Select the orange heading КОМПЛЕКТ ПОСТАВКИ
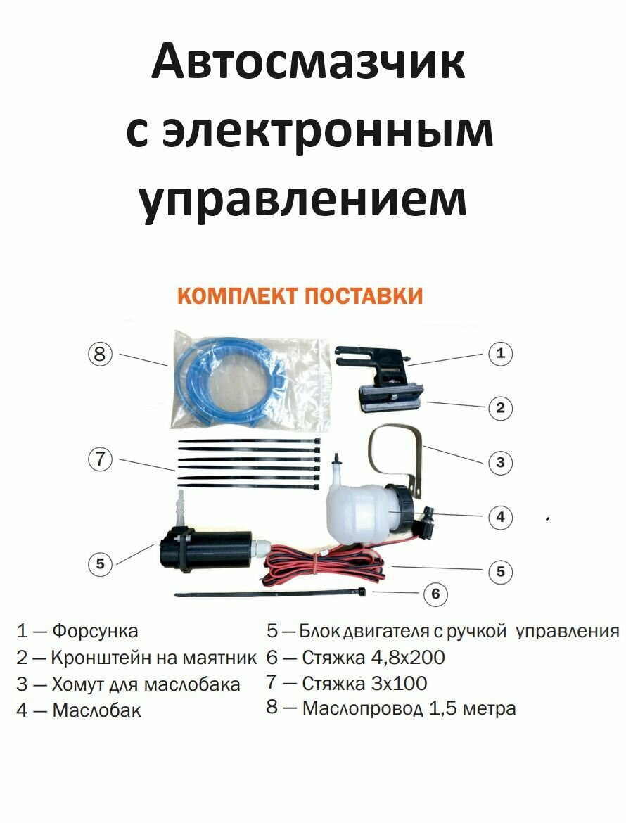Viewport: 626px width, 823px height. pyautogui.click(x=300, y=296)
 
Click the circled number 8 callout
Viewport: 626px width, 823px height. pyautogui.click(x=100, y=354)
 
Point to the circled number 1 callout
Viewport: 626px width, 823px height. pyautogui.click(x=500, y=353)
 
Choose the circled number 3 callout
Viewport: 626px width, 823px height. pyautogui.click(x=500, y=462)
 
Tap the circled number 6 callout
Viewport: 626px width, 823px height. pyautogui.click(x=435, y=594)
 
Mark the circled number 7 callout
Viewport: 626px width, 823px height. pyautogui.click(x=100, y=459)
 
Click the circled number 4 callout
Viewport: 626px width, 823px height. pyautogui.click(x=500, y=517)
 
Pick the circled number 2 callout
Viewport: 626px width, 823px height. pyautogui.click(x=500, y=407)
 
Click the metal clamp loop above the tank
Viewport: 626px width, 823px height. pyautogui.click(x=395, y=450)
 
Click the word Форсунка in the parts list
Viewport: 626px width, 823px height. pyautogui.click(x=95, y=631)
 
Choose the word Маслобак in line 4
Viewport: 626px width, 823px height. pyautogui.click(x=96, y=710)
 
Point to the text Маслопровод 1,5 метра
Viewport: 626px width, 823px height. pyautogui.click(x=409, y=708)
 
